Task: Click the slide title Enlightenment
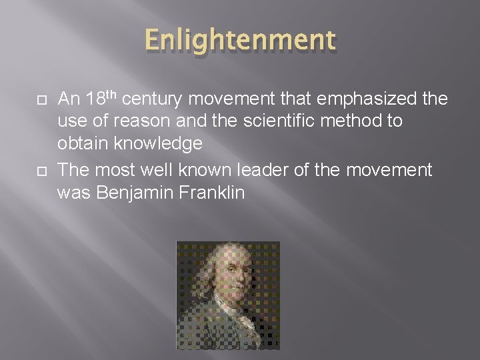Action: [x=239, y=41]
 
